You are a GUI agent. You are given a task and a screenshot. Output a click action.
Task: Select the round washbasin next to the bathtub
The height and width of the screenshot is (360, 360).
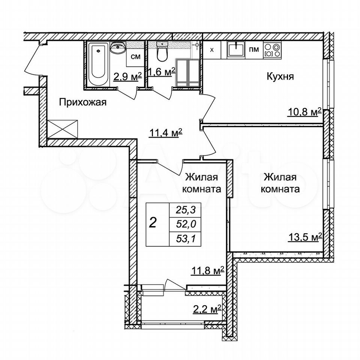[118, 48]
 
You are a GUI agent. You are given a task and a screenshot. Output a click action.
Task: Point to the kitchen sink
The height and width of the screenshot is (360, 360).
[236, 49]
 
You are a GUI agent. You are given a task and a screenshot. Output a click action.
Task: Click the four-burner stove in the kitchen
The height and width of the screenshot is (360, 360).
[272, 49]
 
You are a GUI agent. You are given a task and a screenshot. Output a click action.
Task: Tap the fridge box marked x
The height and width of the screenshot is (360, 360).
[211, 49]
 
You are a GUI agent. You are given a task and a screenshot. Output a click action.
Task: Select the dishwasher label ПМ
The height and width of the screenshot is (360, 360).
[254, 49]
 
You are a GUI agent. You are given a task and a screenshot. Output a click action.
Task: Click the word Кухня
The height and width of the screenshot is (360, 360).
[280, 76]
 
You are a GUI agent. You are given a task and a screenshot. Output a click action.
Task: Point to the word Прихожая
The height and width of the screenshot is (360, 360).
[83, 102]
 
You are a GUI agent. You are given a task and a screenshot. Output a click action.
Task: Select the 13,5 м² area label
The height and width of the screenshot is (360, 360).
[304, 237]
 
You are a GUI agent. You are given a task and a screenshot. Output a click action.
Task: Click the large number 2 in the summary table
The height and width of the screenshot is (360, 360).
[153, 223]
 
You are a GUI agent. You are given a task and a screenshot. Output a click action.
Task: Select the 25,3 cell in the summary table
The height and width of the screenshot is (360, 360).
[185, 210]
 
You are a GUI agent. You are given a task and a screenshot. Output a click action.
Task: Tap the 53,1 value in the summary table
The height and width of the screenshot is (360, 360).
[186, 239]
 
